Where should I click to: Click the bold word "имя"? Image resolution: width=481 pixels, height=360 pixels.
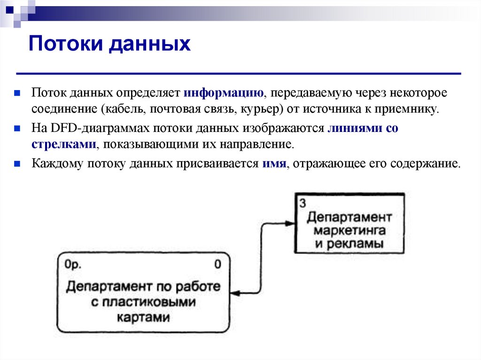tap(272, 164)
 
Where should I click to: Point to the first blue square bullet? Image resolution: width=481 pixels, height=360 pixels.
tap(16, 92)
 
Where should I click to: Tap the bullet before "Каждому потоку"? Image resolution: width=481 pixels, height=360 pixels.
tap(16, 165)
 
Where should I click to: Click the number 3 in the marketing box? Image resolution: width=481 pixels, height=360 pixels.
tap(302, 203)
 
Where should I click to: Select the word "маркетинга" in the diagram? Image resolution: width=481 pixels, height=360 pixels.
tap(349, 231)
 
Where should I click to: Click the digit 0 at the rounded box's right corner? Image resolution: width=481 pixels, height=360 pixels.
tap(217, 264)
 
